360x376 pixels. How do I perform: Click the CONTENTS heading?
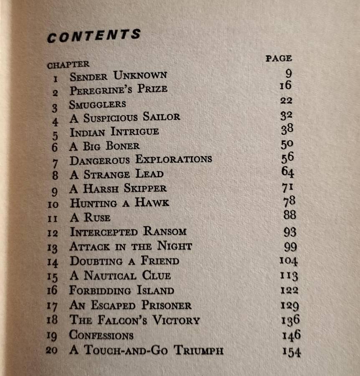click(x=94, y=36)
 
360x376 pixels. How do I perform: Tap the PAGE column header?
click(x=279, y=58)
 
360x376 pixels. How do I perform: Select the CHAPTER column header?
click(x=68, y=65)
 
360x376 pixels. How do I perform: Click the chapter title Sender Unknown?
click(x=118, y=76)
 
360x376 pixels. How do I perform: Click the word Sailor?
click(x=162, y=117)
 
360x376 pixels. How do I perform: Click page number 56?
click(x=287, y=157)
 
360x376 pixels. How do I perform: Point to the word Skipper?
click(x=145, y=188)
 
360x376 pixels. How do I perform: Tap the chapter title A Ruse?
click(x=90, y=217)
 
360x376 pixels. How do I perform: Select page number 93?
click(x=289, y=231)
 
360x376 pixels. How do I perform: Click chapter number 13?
click(x=53, y=247)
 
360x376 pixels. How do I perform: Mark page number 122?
click(x=289, y=290)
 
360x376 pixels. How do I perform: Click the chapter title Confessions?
click(x=101, y=335)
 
